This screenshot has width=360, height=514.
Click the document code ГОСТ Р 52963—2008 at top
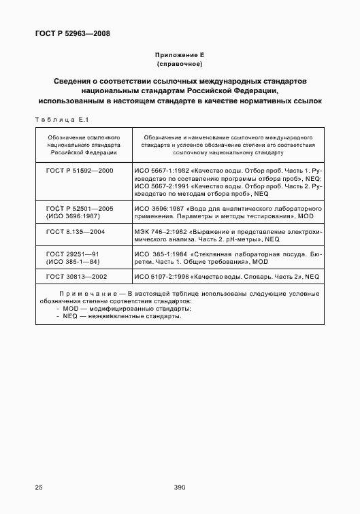[72, 33]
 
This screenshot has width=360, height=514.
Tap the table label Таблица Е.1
[58, 120]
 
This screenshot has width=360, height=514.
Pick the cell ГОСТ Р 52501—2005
[80, 207]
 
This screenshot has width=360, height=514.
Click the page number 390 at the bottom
[180, 487]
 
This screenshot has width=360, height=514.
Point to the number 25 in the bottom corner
[39, 487]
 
